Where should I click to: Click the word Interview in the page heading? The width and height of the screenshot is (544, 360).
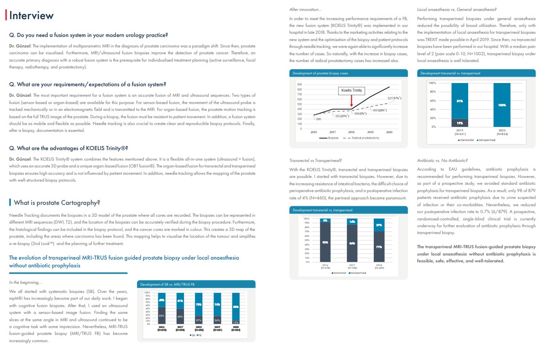(x=31, y=15)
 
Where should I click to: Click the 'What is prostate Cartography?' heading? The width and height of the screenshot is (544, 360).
(x=57, y=203)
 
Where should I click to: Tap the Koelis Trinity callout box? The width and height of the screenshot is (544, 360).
(x=351, y=90)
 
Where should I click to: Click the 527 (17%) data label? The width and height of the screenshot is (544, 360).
(x=393, y=98)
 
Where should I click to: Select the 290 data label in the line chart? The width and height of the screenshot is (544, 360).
(x=319, y=119)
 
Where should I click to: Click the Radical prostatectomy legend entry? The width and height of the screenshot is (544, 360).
(x=366, y=138)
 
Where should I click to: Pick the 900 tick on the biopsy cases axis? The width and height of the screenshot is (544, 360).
(x=299, y=85)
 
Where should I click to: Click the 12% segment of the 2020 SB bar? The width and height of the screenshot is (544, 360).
(x=235, y=322)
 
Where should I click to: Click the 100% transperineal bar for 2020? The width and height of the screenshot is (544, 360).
(x=502, y=105)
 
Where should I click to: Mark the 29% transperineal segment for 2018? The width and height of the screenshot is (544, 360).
(x=379, y=225)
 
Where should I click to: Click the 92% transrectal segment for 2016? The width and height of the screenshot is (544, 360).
(x=325, y=242)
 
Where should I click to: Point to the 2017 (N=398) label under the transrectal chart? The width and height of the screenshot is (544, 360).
(x=352, y=266)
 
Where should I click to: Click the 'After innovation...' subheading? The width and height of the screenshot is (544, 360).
(x=306, y=9)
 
